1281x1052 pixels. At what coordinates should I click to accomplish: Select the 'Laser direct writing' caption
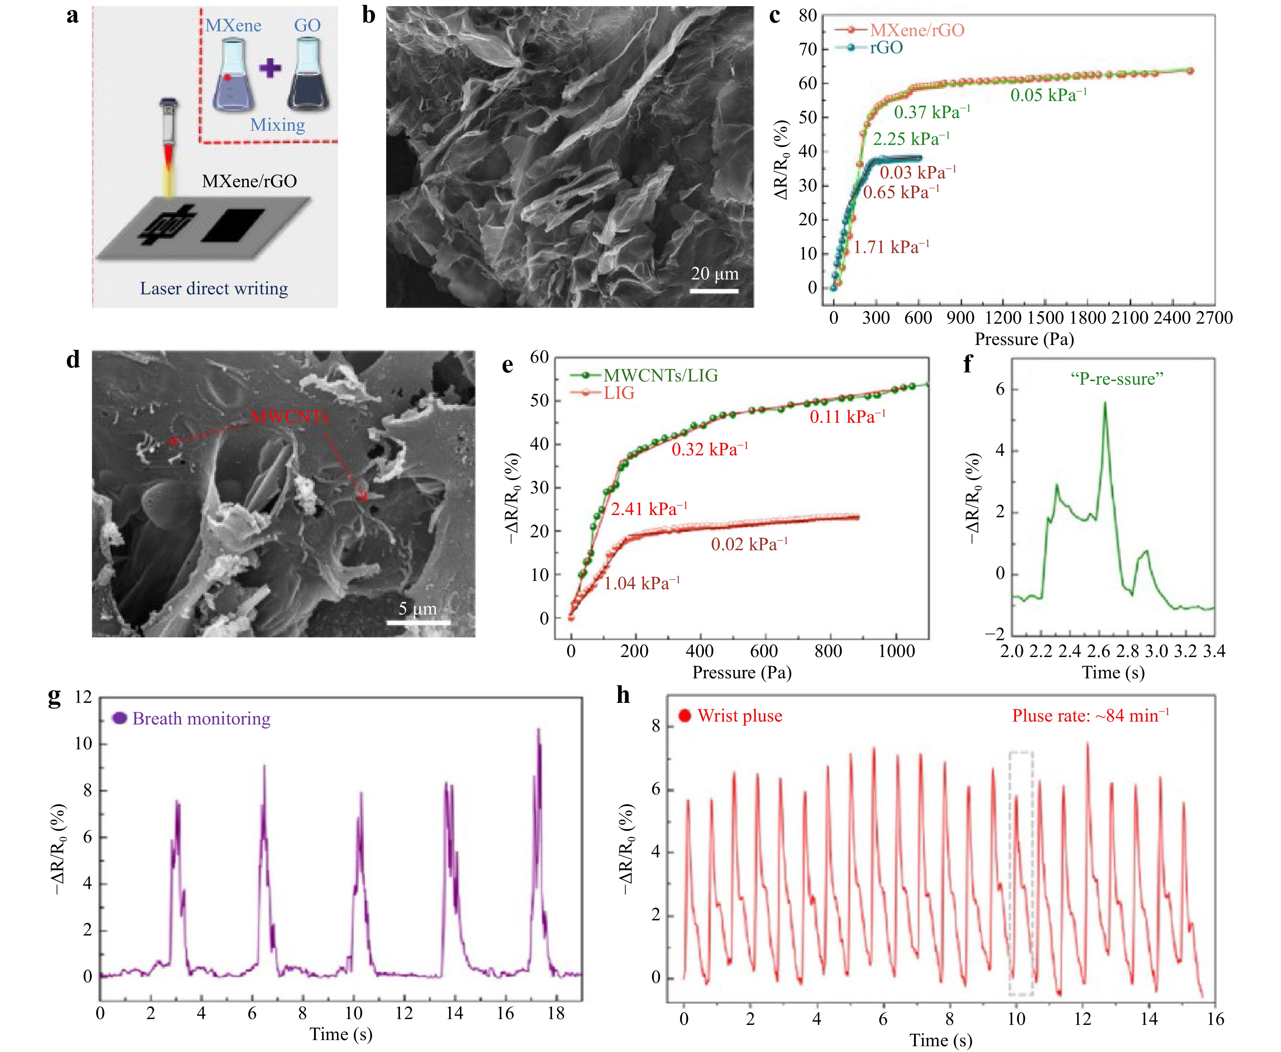click(x=214, y=288)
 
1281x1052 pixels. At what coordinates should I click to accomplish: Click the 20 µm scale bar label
click(x=715, y=274)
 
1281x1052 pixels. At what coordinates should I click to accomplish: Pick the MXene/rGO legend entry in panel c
click(x=916, y=30)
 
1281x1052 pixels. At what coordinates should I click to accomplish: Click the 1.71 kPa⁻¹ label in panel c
click(x=891, y=247)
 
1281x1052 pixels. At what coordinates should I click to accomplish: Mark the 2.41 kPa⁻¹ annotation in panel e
click(x=648, y=509)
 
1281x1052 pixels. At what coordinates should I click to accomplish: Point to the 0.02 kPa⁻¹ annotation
click(x=749, y=544)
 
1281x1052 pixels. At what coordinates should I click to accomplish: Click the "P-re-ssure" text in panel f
click(x=1117, y=379)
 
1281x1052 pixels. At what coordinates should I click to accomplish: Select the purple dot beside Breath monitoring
click(x=120, y=718)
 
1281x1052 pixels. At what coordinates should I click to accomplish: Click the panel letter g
click(x=55, y=697)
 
